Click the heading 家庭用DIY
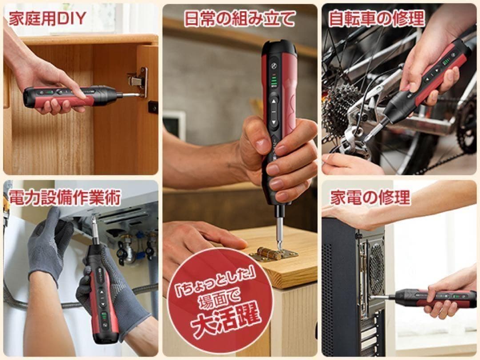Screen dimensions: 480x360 click(x=48, y=19)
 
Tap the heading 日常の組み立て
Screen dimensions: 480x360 click(x=240, y=18)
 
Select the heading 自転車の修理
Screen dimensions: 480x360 click(x=377, y=18)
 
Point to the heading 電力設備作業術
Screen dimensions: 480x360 click(x=64, y=197)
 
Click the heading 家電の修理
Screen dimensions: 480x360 click(x=370, y=197)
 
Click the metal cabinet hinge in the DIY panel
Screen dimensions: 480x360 click(x=138, y=81)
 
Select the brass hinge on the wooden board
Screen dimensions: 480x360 click(x=273, y=254)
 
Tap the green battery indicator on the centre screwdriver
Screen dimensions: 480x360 click(x=274, y=82)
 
